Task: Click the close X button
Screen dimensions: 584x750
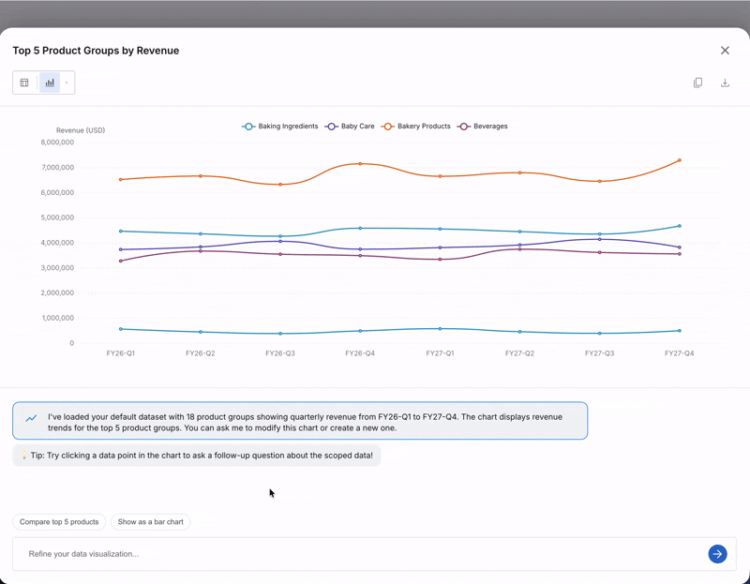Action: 725,51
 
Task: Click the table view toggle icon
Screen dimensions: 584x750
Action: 24,82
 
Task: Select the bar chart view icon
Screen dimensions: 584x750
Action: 50,82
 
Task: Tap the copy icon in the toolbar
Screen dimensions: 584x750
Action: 697,82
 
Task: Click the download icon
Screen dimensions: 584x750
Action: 725,82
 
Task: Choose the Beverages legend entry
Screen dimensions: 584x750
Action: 483,127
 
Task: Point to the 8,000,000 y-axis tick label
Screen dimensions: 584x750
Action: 57,142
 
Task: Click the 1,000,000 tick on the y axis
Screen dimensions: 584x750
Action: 57,318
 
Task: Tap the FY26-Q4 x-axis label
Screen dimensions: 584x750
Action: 360,353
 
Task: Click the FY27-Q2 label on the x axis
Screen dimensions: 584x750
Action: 519,353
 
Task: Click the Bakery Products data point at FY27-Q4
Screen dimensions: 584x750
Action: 679,160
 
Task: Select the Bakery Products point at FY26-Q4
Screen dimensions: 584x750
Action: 360,164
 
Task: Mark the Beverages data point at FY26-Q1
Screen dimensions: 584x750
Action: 121,261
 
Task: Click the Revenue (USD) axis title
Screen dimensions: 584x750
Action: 81,130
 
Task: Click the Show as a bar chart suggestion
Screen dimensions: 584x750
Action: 150,521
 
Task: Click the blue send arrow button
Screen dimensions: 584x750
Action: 717,554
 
